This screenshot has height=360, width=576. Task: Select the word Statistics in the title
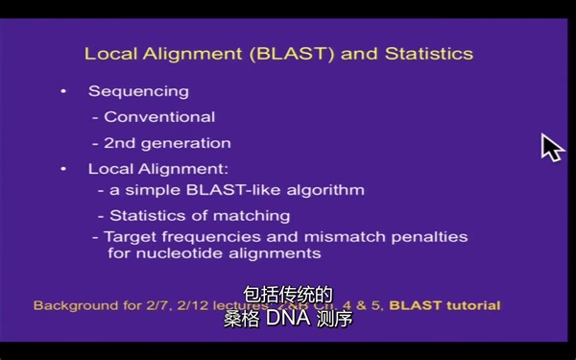428,54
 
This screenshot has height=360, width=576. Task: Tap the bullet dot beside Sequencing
63,91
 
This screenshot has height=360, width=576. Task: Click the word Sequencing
138,91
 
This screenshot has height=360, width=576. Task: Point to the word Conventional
159,117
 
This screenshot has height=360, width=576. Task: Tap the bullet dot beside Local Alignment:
63,169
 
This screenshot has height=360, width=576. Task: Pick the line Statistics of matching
199,215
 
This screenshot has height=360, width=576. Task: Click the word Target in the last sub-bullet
128,236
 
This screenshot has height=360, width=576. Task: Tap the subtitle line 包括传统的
287,295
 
